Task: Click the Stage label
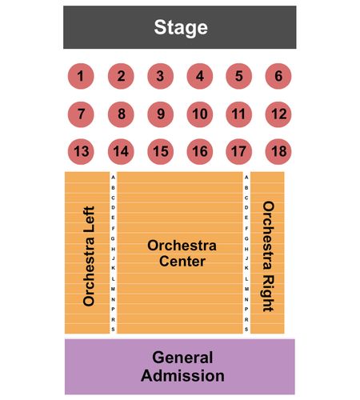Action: click(x=181, y=27)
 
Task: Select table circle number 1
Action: click(x=81, y=76)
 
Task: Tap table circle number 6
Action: click(x=278, y=76)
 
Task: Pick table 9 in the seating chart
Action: click(x=160, y=114)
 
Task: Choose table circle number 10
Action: click(x=200, y=114)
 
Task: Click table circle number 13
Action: click(x=81, y=151)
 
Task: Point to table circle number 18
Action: click(x=278, y=151)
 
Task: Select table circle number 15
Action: click(x=160, y=151)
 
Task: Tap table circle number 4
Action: click(x=200, y=76)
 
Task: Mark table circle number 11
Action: click(x=238, y=114)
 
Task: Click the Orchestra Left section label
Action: click(x=89, y=256)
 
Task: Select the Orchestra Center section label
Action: click(x=182, y=254)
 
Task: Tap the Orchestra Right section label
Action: click(x=268, y=257)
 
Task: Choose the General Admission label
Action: click(x=182, y=366)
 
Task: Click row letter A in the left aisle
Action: click(x=113, y=178)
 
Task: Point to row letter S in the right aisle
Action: click(x=246, y=330)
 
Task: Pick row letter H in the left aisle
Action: click(x=113, y=249)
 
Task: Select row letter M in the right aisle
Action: click(x=246, y=289)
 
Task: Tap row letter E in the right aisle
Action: click(x=246, y=218)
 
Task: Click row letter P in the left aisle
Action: click(x=113, y=309)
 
